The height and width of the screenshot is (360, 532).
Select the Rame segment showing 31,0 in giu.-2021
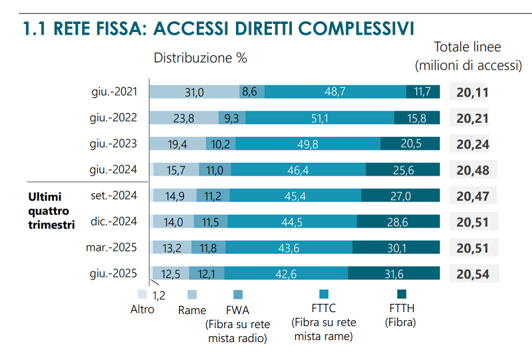pyautogui.click(x=194, y=92)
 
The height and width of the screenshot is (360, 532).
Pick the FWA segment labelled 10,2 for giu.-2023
pyautogui.click(x=221, y=144)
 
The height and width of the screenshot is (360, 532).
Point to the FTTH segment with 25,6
pyautogui.click(x=403, y=170)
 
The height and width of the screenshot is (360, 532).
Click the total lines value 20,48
pyautogui.click(x=473, y=170)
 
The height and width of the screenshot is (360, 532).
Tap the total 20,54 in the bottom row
pyautogui.click(x=473, y=273)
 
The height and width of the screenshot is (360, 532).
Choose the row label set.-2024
pyautogui.click(x=114, y=196)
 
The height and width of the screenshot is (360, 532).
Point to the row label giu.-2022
pyautogui.click(x=113, y=118)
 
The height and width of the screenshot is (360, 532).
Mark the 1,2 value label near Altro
pyautogui.click(x=159, y=295)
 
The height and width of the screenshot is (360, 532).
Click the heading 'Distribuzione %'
pyautogui.click(x=200, y=58)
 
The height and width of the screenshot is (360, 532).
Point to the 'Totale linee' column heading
pyautogui.click(x=467, y=47)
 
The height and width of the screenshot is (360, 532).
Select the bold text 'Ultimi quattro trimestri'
pyautogui.click(x=51, y=210)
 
